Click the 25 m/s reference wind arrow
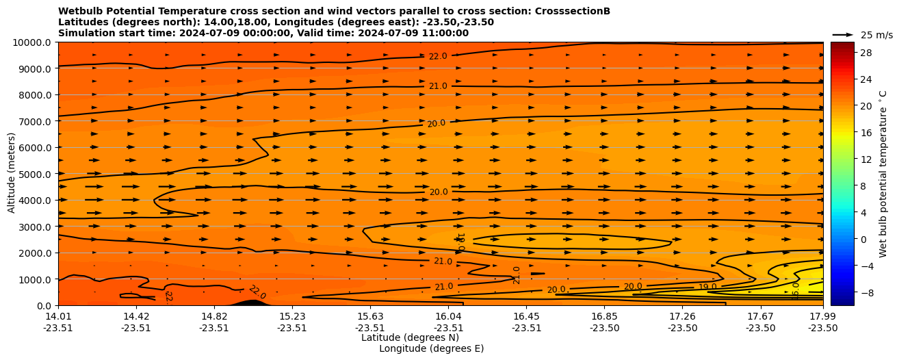(843, 35)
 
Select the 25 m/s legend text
(876, 35)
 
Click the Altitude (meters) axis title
(12, 174)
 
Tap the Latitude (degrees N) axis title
(410, 337)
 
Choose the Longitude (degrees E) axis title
(431, 348)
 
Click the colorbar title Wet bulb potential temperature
(883, 174)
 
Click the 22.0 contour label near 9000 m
(438, 56)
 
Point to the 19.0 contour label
(707, 287)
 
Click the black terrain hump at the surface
(251, 303)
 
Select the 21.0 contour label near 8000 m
(438, 86)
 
